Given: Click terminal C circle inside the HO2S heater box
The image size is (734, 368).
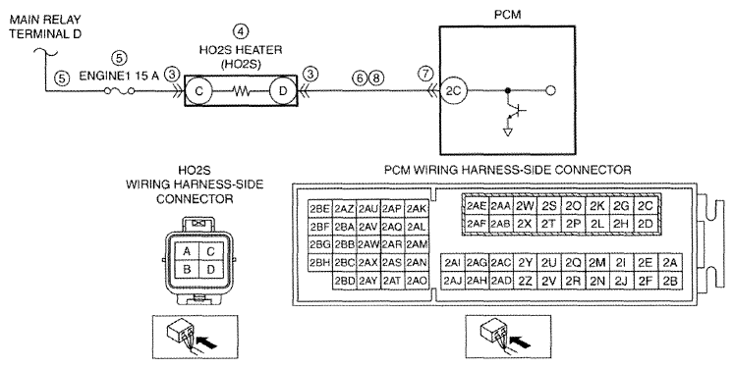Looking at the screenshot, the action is pyautogui.click(x=198, y=90).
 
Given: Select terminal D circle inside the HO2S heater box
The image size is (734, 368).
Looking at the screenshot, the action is pyautogui.click(x=282, y=90).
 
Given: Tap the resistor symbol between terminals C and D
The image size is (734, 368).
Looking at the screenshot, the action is pyautogui.click(x=241, y=91).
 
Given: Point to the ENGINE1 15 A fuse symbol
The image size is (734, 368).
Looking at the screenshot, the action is pyautogui.click(x=119, y=91).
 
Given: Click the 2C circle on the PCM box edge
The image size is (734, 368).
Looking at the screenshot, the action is pyautogui.click(x=453, y=90).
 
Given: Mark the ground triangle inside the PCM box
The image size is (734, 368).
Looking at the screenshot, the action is pyautogui.click(x=507, y=132).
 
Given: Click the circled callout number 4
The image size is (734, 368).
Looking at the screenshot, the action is pyautogui.click(x=241, y=31).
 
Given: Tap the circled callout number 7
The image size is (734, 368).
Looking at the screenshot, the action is pyautogui.click(x=425, y=74).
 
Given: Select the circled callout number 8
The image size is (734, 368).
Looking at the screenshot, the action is pyautogui.click(x=376, y=79).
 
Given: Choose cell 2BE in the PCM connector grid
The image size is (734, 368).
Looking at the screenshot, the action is pyautogui.click(x=319, y=209).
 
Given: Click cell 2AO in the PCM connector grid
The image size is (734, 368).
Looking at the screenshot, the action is pyautogui.click(x=417, y=281).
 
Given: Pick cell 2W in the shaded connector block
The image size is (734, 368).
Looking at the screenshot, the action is pyautogui.click(x=525, y=206).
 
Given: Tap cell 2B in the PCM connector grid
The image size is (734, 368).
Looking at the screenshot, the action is pyautogui.click(x=670, y=281).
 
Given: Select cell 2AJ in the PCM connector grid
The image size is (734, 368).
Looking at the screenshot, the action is pyautogui.click(x=453, y=281).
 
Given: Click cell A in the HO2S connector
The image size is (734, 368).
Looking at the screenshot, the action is pyautogui.click(x=187, y=252).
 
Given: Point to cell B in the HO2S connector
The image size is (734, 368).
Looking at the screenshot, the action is pyautogui.click(x=187, y=271).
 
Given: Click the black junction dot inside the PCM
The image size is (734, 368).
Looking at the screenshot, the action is pyautogui.click(x=507, y=90).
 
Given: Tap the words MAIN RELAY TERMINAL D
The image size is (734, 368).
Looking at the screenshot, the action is pyautogui.click(x=45, y=26).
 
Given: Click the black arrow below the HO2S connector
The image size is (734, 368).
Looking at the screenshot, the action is pyautogui.click(x=208, y=344).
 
